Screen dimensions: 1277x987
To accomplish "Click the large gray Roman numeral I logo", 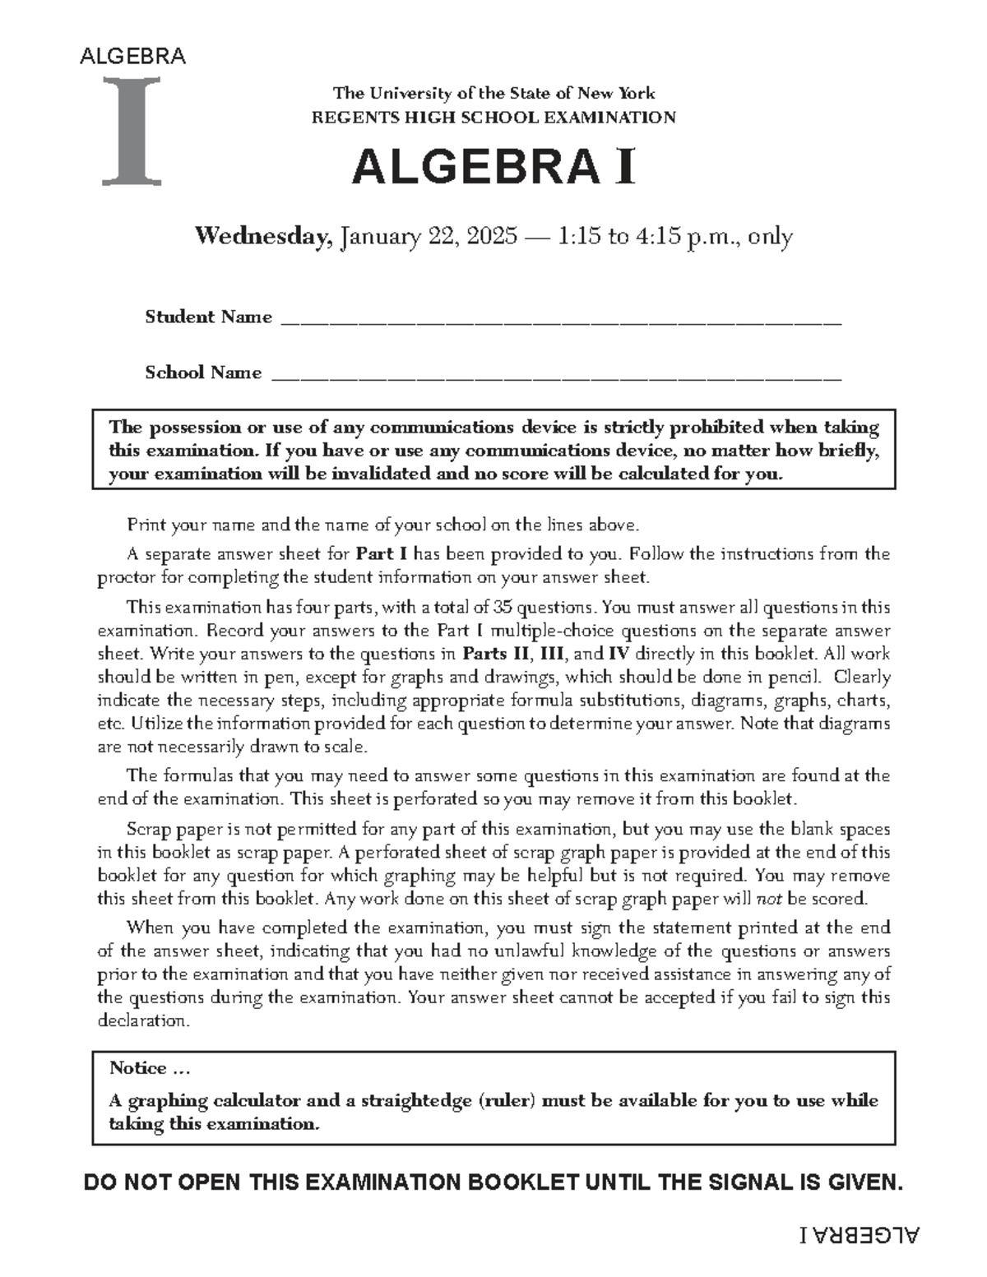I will pos(132,130).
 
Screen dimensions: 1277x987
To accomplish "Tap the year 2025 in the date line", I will pos(490,237).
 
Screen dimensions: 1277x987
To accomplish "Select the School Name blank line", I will pos(556,377).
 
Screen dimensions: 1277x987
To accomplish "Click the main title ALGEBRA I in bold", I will pos(493,169).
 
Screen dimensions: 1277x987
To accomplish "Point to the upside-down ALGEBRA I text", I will pos(860,1235).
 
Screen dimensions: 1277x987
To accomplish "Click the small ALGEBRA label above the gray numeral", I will pos(132,57).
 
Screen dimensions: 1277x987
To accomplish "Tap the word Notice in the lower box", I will pos(138,1068).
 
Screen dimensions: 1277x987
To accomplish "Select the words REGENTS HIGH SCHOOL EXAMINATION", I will pos(493,117).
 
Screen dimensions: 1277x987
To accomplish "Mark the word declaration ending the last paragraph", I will pos(143,1021).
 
